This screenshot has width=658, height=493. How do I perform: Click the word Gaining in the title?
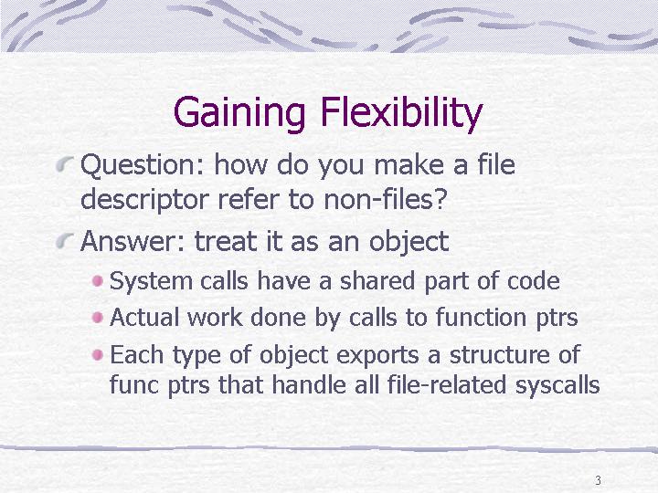(239, 112)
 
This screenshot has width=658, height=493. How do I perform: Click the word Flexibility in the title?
(401, 112)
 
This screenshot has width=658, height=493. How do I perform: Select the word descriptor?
(144, 199)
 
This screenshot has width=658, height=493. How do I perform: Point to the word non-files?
(385, 199)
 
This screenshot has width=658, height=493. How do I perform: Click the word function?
(481, 317)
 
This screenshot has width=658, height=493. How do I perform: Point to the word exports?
(377, 355)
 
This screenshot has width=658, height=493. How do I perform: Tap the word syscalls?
(557, 385)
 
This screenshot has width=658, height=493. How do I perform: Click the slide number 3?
(598, 480)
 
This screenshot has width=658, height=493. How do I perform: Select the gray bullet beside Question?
(65, 163)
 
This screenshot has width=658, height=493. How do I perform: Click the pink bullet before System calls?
(98, 281)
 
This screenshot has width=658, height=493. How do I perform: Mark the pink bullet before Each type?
(98, 355)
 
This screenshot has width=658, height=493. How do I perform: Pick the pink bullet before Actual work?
(98, 318)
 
